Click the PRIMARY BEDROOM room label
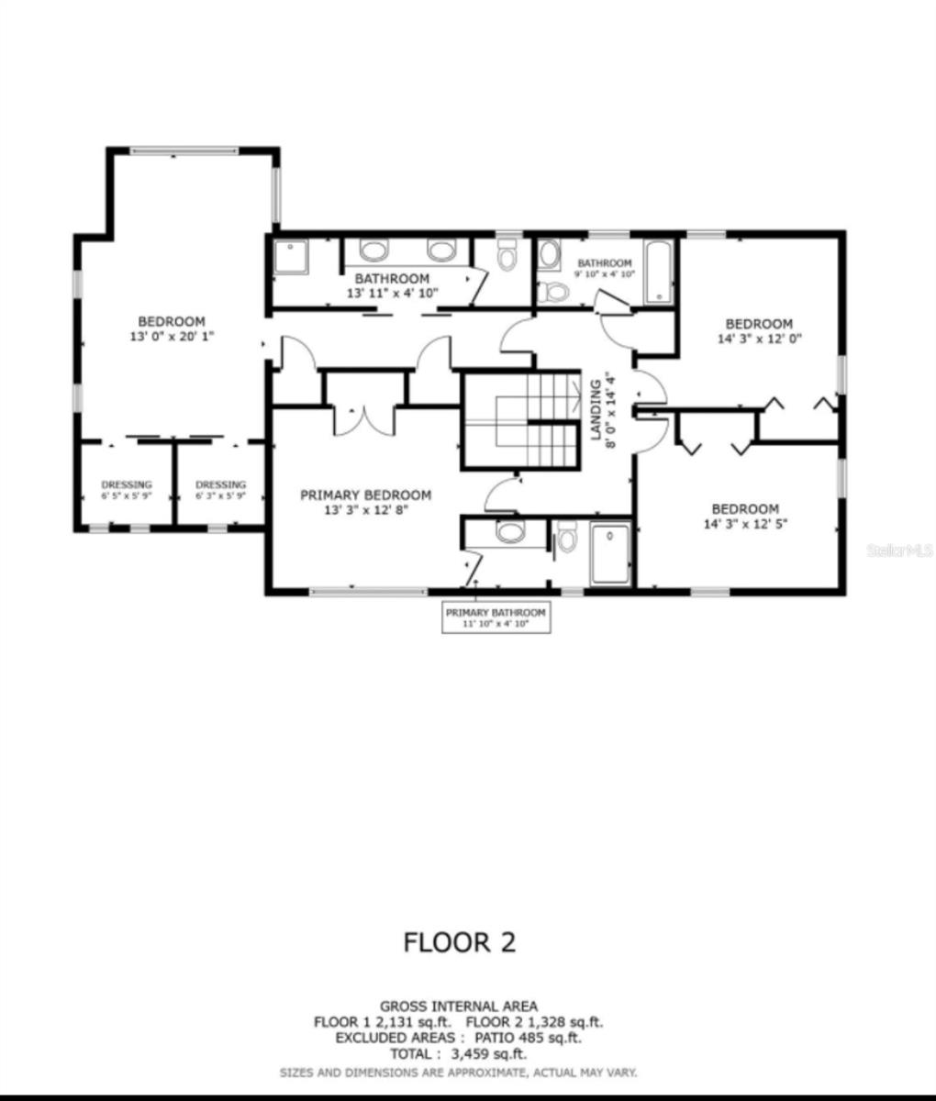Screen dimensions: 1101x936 coord(365,495)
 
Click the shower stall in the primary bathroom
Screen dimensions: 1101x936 coord(609,552)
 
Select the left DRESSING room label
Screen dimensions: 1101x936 coord(126,484)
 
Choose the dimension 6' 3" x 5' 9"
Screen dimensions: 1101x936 coord(220,496)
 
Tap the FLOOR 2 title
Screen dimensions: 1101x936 coord(460,941)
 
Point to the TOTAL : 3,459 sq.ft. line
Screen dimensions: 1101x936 coord(459,1055)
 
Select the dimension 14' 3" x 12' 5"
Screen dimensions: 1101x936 coord(745,525)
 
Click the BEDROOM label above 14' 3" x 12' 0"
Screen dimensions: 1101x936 coord(758,323)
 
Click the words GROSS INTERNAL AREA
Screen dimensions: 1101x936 coord(459,1006)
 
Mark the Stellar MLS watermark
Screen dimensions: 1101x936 coord(899,551)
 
